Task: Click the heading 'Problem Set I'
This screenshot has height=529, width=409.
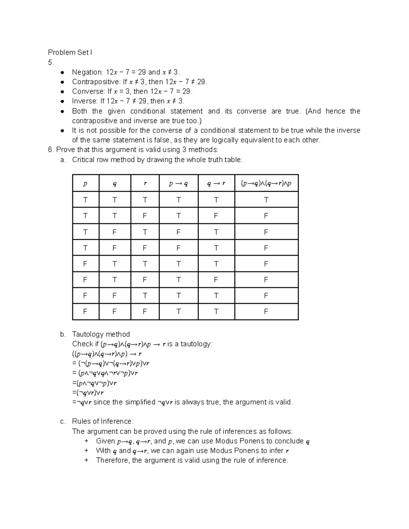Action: point(70,52)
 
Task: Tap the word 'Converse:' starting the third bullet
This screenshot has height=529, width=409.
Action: point(88,91)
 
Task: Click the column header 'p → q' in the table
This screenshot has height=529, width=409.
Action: point(178,184)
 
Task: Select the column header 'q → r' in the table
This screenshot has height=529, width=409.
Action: point(216,184)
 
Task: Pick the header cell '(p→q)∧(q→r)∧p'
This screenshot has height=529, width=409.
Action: point(266,184)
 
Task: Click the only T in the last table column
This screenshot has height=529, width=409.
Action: point(266,200)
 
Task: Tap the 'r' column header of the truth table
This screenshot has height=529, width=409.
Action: point(145,184)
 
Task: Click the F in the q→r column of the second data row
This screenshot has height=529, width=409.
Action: point(216,216)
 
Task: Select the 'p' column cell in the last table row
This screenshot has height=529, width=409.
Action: point(85,312)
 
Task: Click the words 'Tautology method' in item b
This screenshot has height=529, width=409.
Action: point(101,334)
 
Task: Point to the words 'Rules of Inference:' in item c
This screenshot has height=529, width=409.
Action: point(103,421)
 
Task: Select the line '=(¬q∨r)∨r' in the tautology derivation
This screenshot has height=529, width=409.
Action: point(88,392)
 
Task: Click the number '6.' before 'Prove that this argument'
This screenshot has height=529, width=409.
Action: point(51,150)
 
